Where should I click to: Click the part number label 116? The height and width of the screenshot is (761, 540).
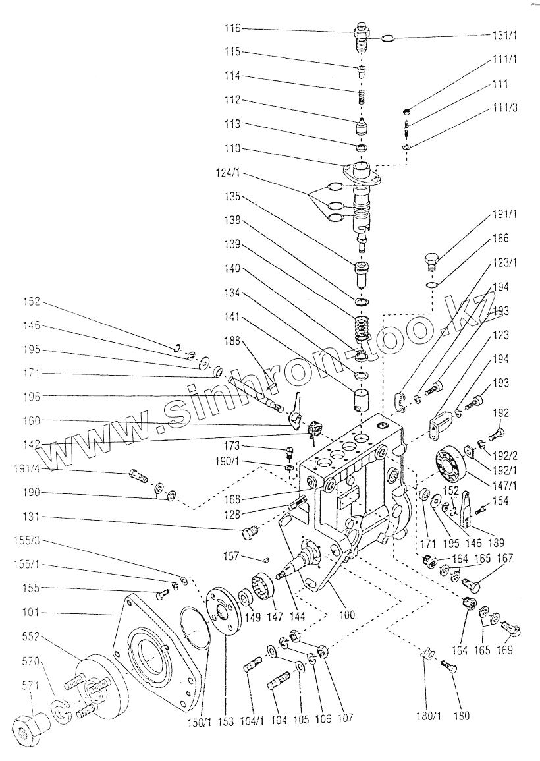[232, 28]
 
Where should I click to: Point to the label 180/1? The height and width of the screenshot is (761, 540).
[427, 716]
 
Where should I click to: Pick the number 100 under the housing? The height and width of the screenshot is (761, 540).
[346, 615]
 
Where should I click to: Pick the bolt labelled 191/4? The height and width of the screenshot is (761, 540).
[139, 475]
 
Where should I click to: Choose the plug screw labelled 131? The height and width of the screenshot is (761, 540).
[248, 532]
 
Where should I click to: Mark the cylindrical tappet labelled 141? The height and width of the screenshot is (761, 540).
[360, 399]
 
